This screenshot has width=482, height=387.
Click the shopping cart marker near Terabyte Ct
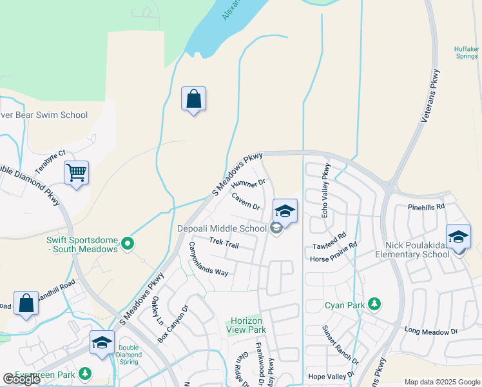pos(76,173)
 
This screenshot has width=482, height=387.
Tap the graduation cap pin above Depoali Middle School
pos(285,210)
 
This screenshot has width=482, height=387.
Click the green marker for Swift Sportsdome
pos(128,244)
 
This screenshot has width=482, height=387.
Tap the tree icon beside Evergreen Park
pos(84,373)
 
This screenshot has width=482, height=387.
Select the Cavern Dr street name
pos(246,202)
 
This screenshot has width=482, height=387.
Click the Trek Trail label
pos(224,243)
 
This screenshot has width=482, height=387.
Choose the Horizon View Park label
pos(245,325)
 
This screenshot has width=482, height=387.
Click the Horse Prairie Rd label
pos(333,253)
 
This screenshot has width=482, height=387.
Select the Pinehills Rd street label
pos(426,207)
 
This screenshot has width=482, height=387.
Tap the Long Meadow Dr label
pos(430,331)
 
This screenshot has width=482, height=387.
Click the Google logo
pos(21,379)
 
